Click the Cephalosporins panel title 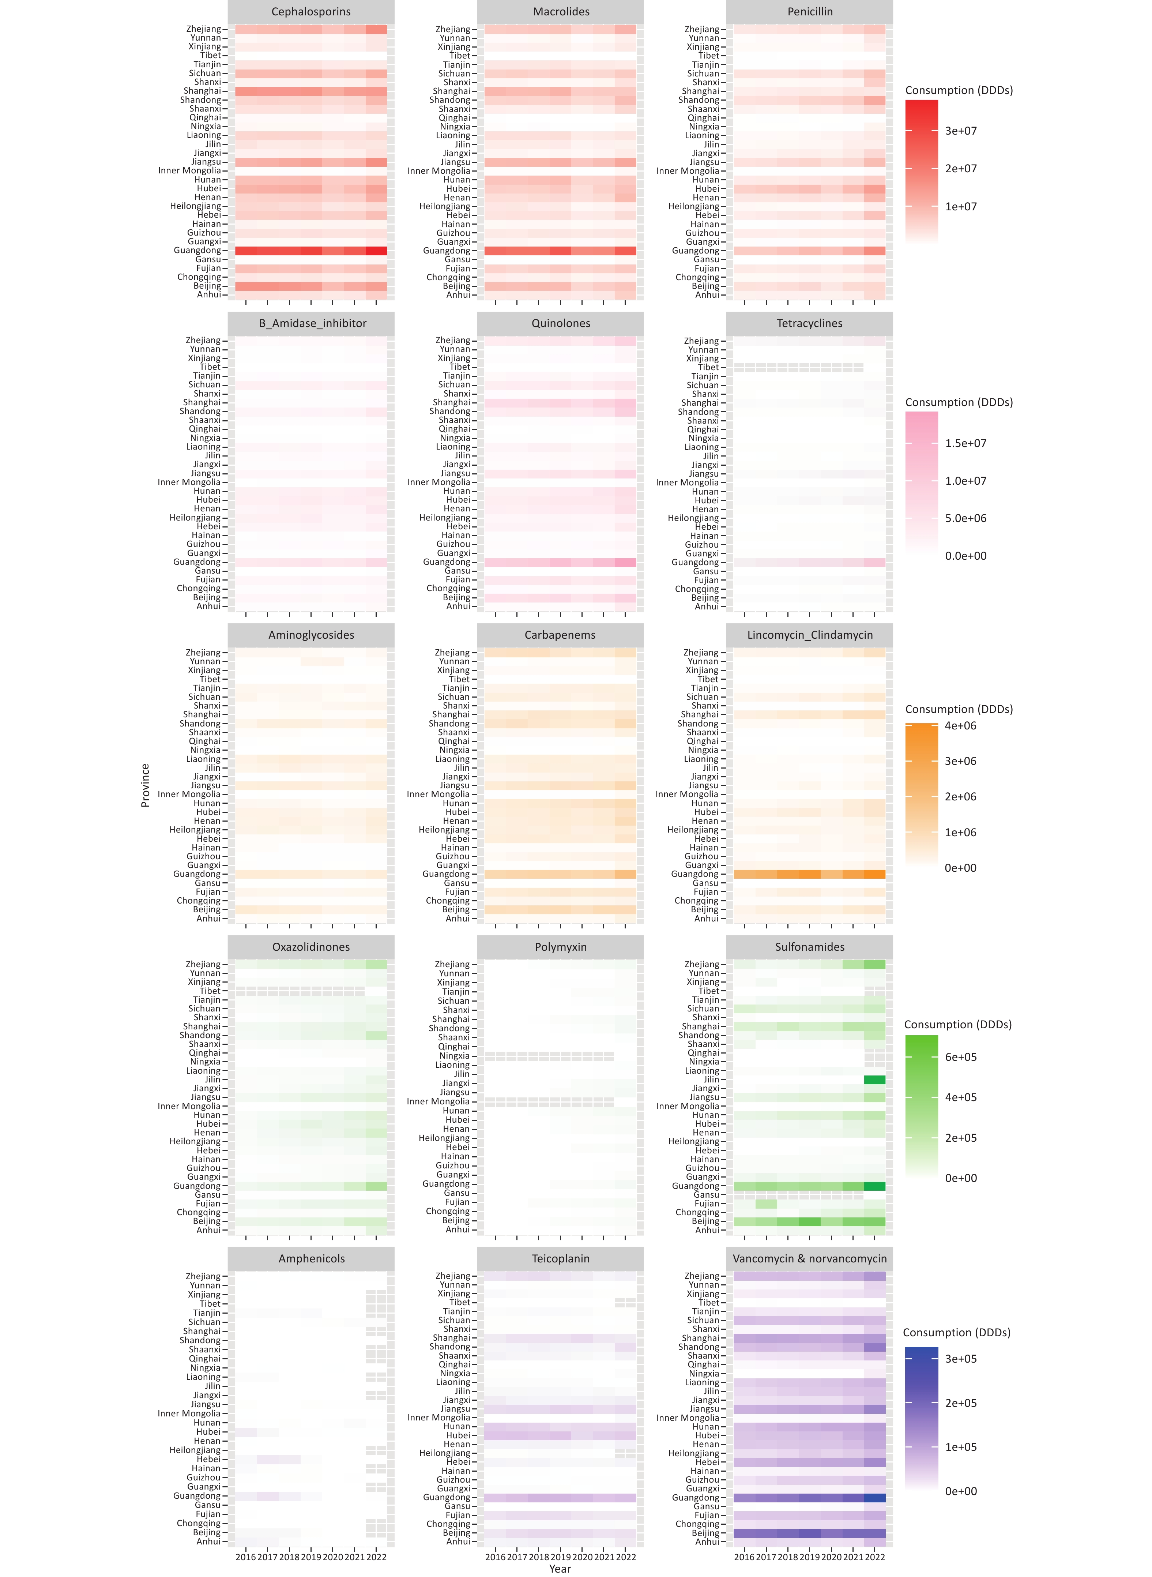pos(311,12)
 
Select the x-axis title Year pos(560,1569)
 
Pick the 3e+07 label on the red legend pos(961,131)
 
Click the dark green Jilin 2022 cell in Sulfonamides pos(874,1080)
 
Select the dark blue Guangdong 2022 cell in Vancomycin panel pos(874,1498)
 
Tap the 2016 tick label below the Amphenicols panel pos(245,1557)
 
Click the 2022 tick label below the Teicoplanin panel pos(625,1557)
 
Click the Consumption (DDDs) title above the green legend pos(957,1025)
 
